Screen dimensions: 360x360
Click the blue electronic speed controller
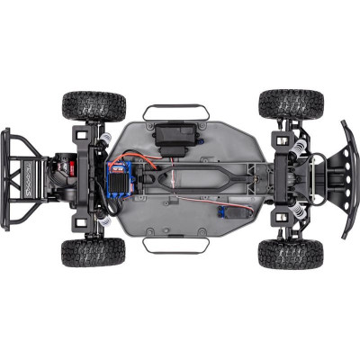click(x=121, y=177)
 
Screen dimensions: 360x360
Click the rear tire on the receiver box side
click(x=94, y=105)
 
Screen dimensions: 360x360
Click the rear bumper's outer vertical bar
click(x=6, y=179)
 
